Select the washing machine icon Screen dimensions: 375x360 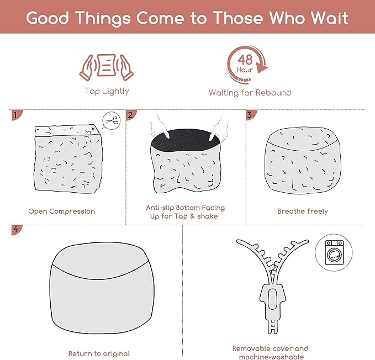334,252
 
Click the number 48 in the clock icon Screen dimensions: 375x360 245,60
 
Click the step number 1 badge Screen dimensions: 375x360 16,115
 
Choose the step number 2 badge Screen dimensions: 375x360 130,115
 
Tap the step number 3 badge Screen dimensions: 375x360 250,115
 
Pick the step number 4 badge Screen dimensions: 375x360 16,230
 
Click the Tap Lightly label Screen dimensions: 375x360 107,91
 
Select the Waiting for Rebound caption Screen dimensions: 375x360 250,93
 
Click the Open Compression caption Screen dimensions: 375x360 62,211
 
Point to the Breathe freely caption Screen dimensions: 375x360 303,211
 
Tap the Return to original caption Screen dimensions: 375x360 99,354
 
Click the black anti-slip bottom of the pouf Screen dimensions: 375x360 186,140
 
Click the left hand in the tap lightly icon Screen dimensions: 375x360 87,68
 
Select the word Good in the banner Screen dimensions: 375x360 47,18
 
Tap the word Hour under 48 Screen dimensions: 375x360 245,70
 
